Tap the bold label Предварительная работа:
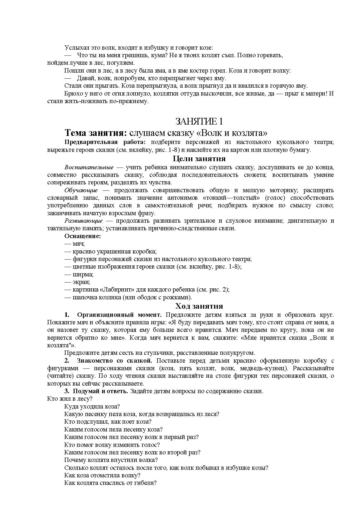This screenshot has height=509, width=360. [x=105, y=142]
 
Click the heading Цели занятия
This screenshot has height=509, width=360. [x=199, y=159]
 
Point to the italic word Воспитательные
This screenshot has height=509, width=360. [x=89, y=167]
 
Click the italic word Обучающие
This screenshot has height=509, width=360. [x=81, y=190]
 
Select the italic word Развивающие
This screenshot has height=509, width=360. [x=84, y=221]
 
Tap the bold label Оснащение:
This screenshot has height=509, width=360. [x=82, y=236]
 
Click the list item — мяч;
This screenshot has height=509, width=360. [x=75, y=244]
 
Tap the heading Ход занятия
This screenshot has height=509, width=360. [x=199, y=306]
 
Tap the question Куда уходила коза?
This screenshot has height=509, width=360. [x=92, y=407]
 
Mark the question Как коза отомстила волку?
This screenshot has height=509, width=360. [x=102, y=475]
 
